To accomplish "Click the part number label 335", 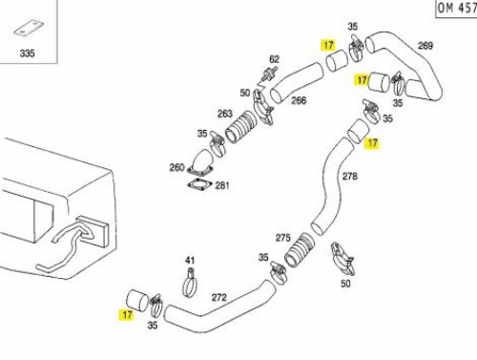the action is pyautogui.click(x=27, y=53).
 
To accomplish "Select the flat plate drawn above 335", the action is pyautogui.click(x=29, y=29).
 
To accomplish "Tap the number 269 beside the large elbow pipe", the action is pyautogui.click(x=425, y=46).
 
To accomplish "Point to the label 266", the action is pyautogui.click(x=299, y=100).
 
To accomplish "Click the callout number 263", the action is pyautogui.click(x=225, y=114).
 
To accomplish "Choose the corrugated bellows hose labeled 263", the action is pyautogui.click(x=240, y=127).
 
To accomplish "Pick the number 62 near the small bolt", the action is pyautogui.click(x=274, y=59).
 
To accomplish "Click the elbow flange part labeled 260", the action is pyautogui.click(x=200, y=162).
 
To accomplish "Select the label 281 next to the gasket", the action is pyautogui.click(x=222, y=185).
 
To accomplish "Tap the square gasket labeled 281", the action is pyautogui.click(x=199, y=184).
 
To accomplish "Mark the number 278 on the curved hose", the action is pyautogui.click(x=350, y=176).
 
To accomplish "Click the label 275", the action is pyautogui.click(x=283, y=238).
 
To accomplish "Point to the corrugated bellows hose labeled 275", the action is pyautogui.click(x=300, y=250).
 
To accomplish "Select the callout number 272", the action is pyautogui.click(x=219, y=297).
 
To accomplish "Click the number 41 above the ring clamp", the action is pyautogui.click(x=190, y=261).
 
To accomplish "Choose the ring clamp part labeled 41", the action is pyautogui.click(x=191, y=284).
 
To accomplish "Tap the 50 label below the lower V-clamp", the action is pyautogui.click(x=345, y=284).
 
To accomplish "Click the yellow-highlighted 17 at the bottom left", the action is pyautogui.click(x=127, y=315).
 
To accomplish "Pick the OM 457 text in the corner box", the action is pyautogui.click(x=457, y=8).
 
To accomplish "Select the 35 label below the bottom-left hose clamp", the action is pyautogui.click(x=153, y=325).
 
